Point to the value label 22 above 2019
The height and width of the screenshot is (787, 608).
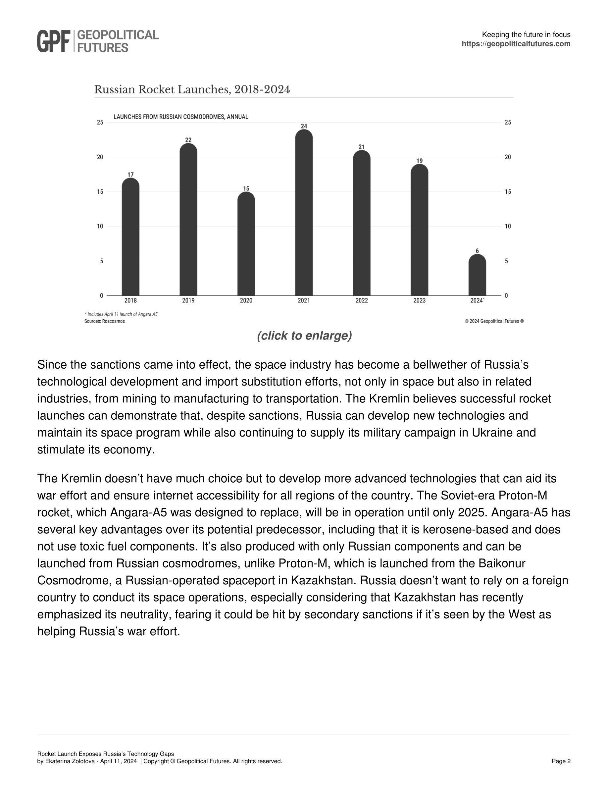(x=188, y=140)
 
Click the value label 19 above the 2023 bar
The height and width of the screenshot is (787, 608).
(x=419, y=161)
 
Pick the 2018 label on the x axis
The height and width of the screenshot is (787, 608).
(x=130, y=300)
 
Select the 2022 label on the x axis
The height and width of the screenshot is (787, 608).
(x=362, y=300)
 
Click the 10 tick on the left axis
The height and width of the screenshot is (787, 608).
(x=100, y=226)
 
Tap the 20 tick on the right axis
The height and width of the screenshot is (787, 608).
(x=508, y=157)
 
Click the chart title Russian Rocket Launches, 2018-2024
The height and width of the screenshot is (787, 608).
(x=192, y=89)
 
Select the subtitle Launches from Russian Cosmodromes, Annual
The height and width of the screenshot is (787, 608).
(x=181, y=117)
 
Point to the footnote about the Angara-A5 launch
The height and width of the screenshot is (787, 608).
(x=121, y=314)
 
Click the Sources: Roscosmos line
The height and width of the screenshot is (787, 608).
(x=104, y=321)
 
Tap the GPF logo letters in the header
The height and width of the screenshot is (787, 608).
(x=53, y=41)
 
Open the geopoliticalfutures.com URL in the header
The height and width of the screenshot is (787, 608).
(x=516, y=44)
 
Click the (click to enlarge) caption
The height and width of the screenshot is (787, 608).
(x=304, y=336)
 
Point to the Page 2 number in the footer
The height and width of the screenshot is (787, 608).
(x=561, y=761)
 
